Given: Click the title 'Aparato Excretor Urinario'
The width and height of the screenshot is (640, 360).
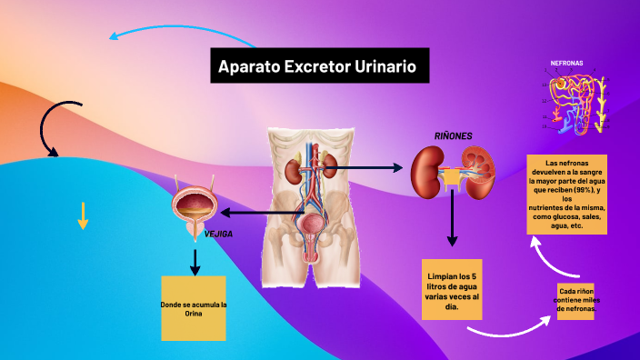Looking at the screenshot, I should [318, 66].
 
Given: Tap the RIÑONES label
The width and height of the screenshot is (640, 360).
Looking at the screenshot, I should [453, 135].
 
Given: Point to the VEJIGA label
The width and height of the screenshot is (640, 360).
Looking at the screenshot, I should [219, 234].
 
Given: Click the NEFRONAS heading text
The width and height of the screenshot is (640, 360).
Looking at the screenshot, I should [566, 64].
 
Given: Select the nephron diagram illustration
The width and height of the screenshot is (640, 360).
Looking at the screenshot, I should [573, 101].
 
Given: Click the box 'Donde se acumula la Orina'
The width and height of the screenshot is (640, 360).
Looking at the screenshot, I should [193, 308].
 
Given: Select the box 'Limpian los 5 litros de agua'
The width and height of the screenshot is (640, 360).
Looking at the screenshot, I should [452, 289].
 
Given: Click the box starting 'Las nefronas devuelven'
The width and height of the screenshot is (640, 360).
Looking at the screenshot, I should [567, 194].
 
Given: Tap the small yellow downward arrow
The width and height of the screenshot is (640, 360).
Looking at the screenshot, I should [83, 215].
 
